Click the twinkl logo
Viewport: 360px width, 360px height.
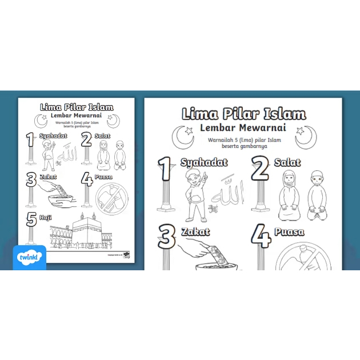coord(29,258)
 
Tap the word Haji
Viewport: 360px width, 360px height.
coord(45,217)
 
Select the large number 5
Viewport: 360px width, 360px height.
coord(31,219)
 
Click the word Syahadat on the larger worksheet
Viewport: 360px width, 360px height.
coord(204,162)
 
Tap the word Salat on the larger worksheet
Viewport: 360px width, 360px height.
coord(287,162)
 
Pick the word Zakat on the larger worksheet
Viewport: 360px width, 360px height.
coord(195,232)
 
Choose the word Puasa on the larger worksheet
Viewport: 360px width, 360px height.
coord(289,232)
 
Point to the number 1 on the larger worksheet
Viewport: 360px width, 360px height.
coord(165,170)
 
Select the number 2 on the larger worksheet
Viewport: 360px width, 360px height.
coord(260,170)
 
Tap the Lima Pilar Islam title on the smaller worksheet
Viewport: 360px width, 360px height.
coord(77,107)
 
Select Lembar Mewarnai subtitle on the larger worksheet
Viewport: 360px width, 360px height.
coord(243,128)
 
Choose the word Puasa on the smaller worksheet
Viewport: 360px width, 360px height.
coord(105,177)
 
